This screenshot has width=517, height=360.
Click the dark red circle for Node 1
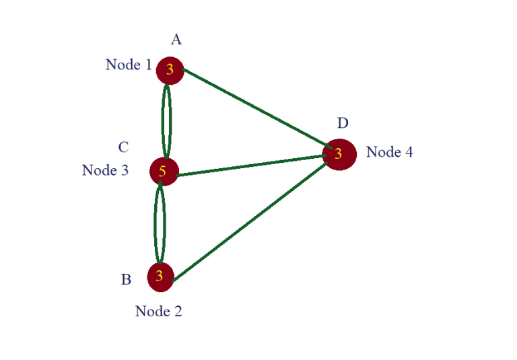pos(170,70)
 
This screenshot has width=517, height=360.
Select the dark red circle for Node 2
pos(160,277)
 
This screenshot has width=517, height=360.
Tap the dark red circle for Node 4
pos(339,154)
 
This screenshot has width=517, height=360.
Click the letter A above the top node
pos(176,40)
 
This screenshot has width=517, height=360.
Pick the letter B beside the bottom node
pos(126,280)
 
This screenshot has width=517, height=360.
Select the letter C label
pos(123,147)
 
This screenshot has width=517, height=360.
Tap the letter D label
pos(343,123)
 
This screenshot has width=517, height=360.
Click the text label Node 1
pos(128,65)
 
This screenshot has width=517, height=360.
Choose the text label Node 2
pos(158,312)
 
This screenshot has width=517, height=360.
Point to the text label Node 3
pos(105,170)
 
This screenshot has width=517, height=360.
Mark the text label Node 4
pos(389,152)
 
